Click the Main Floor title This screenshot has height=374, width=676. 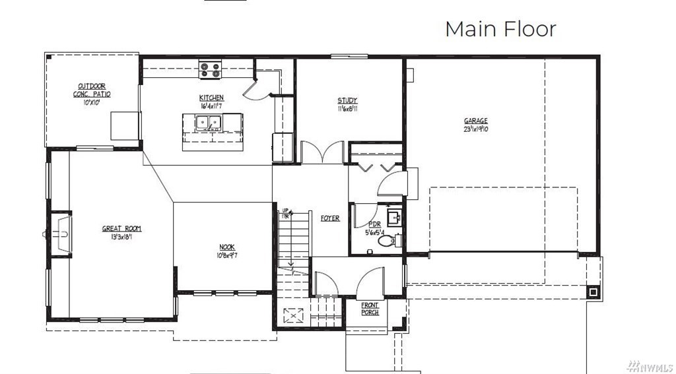click(500, 29)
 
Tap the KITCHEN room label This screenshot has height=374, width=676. click(211, 98)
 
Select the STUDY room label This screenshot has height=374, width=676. click(348, 101)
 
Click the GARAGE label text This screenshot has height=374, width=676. click(475, 121)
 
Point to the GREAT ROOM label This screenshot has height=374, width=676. click(121, 229)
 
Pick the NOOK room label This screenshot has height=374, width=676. click(227, 247)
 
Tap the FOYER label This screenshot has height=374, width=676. click(330, 218)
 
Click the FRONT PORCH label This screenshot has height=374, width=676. click(370, 308)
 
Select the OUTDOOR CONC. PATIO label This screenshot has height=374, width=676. click(92, 90)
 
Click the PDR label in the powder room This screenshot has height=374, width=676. click(374, 225)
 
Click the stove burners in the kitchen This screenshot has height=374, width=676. click(211, 69)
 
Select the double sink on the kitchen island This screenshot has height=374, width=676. click(209, 122)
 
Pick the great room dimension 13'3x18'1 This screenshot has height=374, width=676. click(121, 237)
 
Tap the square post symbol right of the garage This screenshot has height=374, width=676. click(593, 291)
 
